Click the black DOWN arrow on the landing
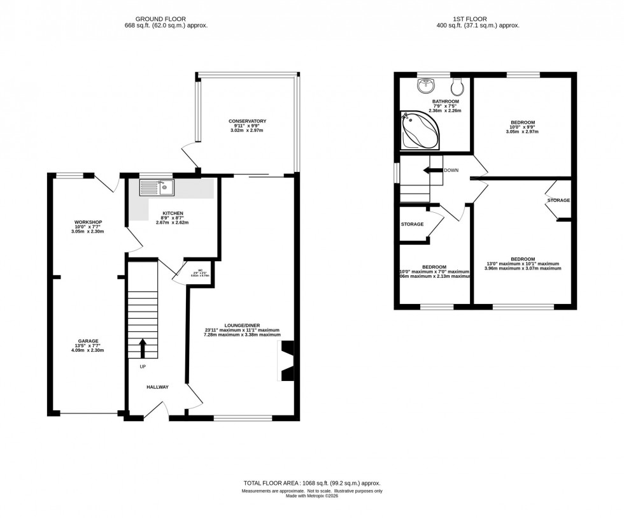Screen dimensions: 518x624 coord(435,170)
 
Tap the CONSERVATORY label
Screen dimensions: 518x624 coord(248,121)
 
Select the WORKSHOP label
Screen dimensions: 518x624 coord(88,222)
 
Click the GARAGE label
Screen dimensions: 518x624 coord(88,341)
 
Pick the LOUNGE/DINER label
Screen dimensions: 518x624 coord(242,324)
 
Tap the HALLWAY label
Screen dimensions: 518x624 coord(157,387)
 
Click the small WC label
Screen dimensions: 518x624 coord(200,270)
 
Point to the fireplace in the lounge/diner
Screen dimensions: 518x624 coord(287,361)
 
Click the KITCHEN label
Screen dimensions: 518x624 coord(173,213)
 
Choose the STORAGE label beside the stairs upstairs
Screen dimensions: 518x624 coord(413,224)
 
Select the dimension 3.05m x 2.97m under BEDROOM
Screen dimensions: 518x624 coord(522,133)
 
